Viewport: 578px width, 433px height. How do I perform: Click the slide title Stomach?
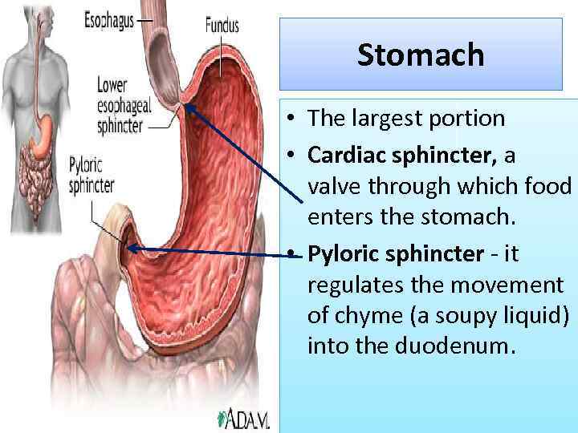pyautogui.click(x=421, y=55)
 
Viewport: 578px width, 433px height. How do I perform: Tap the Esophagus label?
pyautogui.click(x=109, y=19)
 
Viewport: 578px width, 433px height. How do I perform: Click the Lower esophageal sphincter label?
pyautogui.click(x=120, y=104)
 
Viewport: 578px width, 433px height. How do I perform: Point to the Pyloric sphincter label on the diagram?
pyautogui.click(x=91, y=176)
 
